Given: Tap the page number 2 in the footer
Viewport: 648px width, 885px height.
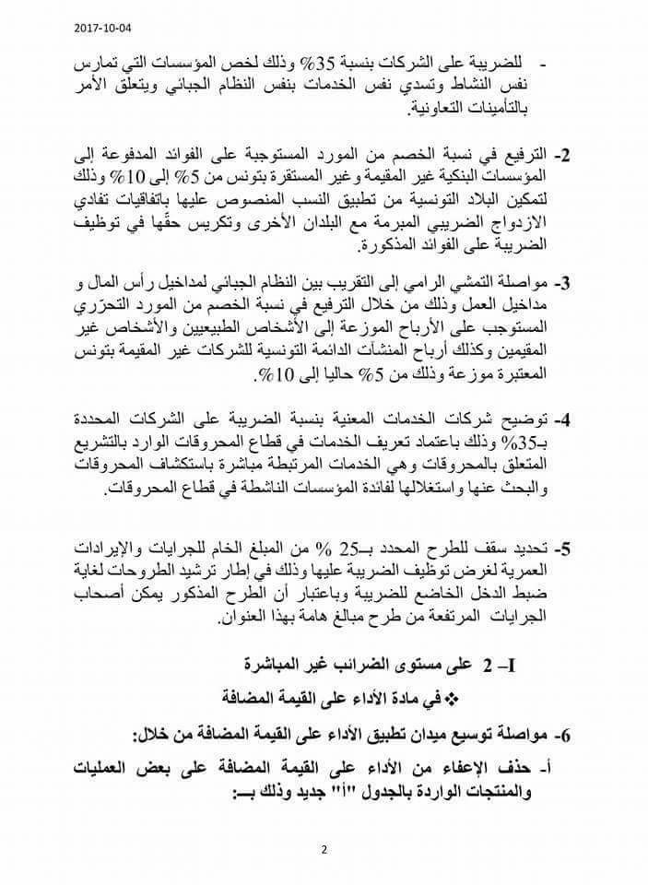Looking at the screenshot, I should (324, 850).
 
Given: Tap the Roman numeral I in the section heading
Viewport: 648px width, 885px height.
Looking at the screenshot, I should (522, 664).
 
